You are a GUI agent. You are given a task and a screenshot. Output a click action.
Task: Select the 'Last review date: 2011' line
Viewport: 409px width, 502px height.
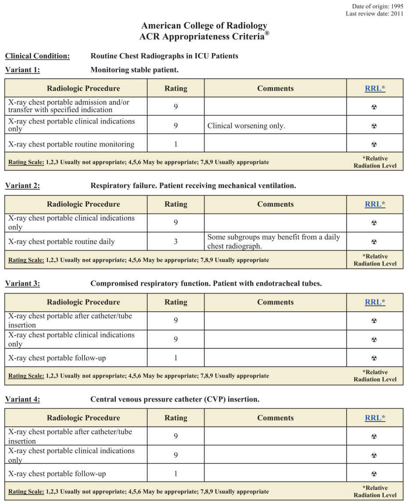[x=374, y=14]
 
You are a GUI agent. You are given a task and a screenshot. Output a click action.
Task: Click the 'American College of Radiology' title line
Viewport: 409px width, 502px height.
[x=204, y=26]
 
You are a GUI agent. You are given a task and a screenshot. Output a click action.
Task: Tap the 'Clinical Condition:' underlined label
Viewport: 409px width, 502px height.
[x=37, y=56]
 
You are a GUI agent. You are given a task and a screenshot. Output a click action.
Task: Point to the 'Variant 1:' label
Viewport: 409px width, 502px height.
[x=22, y=69]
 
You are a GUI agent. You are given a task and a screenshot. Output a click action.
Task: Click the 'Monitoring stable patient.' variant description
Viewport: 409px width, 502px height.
[x=134, y=69]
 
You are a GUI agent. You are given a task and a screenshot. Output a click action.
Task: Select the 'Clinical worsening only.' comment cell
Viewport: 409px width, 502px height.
[x=246, y=126]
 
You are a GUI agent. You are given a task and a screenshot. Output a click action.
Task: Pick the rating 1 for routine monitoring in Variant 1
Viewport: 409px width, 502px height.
[x=176, y=144]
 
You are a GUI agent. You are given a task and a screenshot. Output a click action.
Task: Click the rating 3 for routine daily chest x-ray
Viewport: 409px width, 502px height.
[x=176, y=241]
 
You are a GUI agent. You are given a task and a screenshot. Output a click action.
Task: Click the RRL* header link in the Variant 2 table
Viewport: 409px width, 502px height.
[x=375, y=204]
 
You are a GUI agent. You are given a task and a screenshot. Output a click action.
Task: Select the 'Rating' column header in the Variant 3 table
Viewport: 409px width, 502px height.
[x=176, y=302]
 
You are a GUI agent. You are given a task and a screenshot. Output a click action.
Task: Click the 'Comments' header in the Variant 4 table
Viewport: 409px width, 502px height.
[x=275, y=418]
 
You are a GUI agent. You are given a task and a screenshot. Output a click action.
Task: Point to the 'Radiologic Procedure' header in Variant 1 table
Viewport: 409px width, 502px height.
[x=83, y=88]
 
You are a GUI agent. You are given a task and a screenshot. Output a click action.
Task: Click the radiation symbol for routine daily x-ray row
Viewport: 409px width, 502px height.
[x=374, y=242]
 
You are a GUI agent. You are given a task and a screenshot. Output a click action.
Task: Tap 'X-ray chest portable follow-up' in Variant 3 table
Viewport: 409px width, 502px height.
[x=57, y=358]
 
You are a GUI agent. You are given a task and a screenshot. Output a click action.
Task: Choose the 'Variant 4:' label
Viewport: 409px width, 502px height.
[x=22, y=399]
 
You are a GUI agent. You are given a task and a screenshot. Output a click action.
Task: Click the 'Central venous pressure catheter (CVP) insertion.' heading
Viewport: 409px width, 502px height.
[x=175, y=399]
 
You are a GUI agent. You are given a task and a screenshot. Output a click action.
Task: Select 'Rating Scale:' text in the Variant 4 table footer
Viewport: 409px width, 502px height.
[x=26, y=491]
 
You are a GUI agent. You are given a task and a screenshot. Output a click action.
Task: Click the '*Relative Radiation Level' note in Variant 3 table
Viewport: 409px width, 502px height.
[x=375, y=375]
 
